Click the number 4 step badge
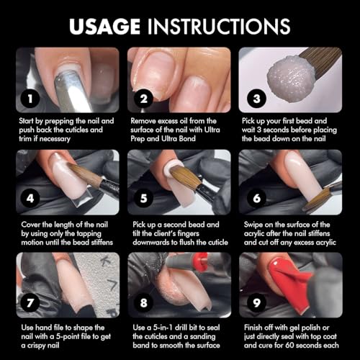click(29, 198)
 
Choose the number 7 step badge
click(29, 300)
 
